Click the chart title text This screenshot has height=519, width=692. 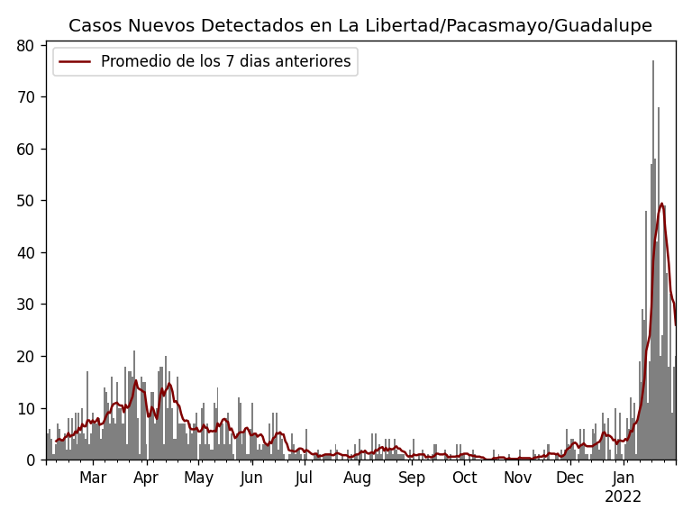point(360,25)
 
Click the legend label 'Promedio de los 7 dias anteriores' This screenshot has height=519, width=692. point(225,61)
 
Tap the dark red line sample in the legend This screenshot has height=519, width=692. point(76,61)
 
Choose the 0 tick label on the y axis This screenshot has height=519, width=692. point(35,460)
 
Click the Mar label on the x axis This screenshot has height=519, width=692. point(93,478)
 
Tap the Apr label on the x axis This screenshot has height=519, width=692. point(146,478)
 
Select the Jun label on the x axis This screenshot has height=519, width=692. point(251,478)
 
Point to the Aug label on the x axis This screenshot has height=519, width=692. point(358,478)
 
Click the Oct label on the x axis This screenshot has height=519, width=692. point(464,478)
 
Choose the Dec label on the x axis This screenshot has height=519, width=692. point(569,478)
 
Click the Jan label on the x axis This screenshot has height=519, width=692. point(624,478)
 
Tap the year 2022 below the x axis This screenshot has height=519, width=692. point(624,496)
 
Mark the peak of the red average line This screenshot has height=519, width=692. point(661,204)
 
